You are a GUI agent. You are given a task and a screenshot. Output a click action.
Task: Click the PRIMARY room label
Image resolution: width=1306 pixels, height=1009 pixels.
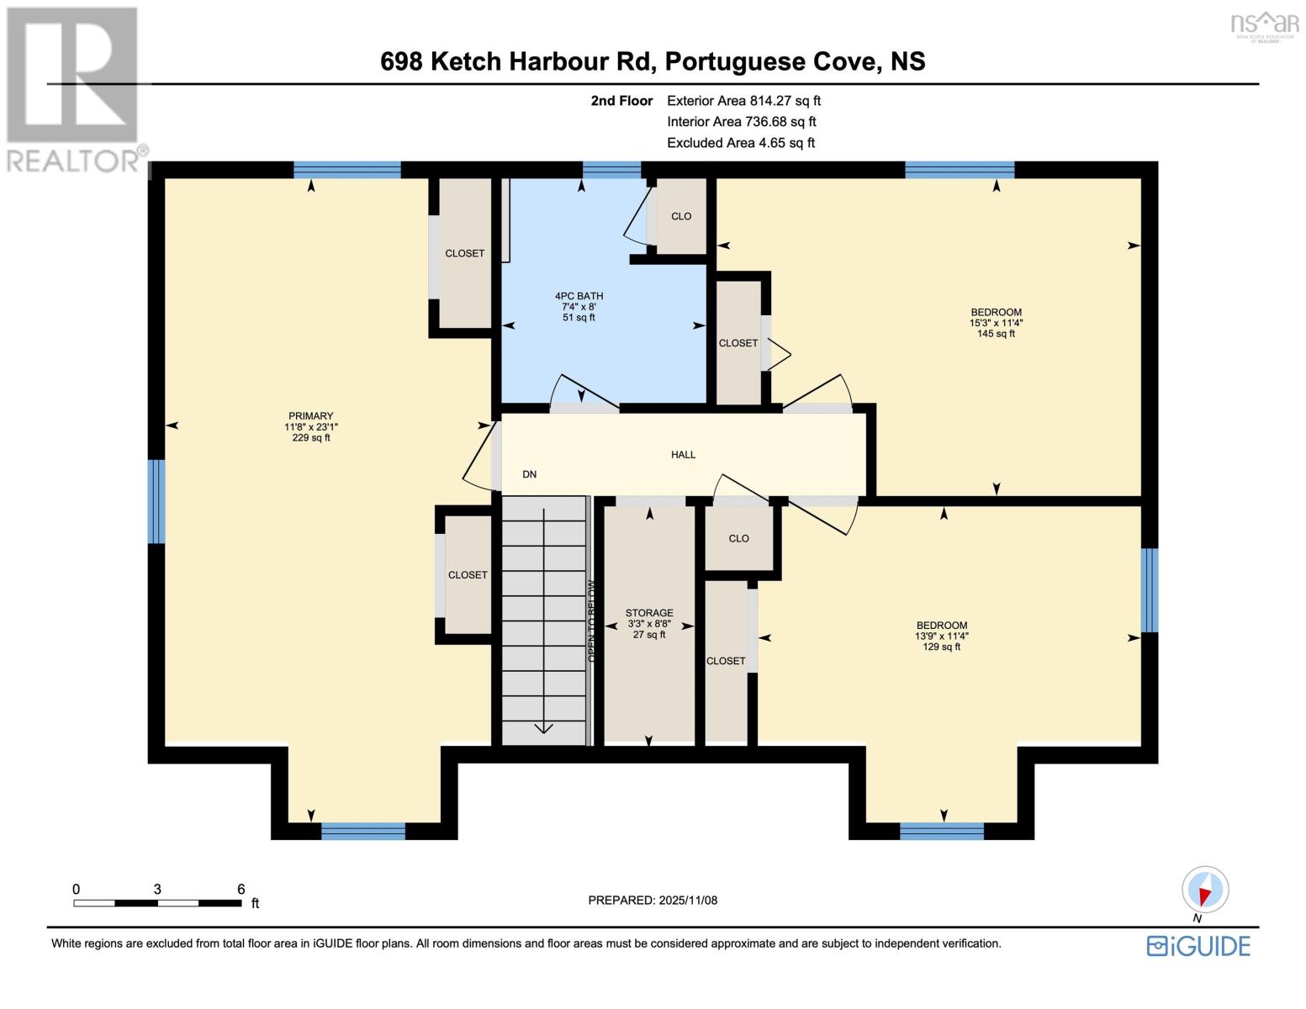310,416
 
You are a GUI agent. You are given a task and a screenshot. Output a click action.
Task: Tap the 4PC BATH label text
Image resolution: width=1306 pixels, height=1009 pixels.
579,296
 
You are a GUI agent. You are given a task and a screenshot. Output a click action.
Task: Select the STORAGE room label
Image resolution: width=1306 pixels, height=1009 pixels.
649,613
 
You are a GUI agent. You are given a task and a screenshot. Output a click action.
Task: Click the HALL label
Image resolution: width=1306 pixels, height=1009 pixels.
683,455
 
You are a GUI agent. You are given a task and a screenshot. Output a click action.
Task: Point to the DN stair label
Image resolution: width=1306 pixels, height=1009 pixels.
529,474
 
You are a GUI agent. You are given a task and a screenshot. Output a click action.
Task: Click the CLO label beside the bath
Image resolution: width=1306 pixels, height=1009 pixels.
681,217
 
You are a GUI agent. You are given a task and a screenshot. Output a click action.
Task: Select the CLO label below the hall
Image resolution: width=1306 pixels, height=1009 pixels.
738,539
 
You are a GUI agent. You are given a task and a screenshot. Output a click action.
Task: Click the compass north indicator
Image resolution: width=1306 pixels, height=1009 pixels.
1205,890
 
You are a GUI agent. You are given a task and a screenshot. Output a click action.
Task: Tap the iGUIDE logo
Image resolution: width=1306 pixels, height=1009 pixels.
1198,946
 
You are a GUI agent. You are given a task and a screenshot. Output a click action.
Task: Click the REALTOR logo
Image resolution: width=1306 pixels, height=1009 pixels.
74,88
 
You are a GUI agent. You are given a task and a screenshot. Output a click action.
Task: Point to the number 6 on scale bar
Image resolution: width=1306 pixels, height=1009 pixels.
241,890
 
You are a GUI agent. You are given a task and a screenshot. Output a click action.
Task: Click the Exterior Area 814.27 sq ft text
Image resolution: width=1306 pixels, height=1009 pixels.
743,101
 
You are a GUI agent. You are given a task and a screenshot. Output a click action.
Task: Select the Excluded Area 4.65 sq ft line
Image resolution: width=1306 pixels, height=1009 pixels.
740,143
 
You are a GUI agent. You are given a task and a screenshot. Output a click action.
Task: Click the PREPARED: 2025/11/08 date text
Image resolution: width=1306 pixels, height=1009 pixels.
653,901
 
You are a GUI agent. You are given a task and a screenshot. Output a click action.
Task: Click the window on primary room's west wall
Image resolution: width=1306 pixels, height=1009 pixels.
156,501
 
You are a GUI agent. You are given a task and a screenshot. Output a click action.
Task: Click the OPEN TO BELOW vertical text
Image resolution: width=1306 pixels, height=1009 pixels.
591,621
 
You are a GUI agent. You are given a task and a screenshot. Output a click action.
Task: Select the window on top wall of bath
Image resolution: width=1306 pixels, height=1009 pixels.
611,170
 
